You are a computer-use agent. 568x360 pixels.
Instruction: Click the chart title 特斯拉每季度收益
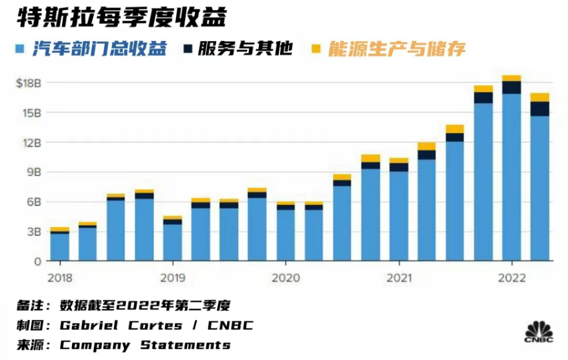coord(121,19)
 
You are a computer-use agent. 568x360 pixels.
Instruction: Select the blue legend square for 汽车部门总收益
coord(21,49)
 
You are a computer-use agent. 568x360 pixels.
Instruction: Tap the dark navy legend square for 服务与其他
coord(188,49)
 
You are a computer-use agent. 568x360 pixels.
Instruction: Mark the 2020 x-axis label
coord(286,278)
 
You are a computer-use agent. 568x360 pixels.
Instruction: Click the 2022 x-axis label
coord(511,278)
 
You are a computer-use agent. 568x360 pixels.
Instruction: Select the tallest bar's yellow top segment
coord(511,78)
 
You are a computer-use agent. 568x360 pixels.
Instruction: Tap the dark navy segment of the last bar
coord(540,108)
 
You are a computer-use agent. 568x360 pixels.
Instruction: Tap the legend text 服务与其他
coord(245,49)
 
